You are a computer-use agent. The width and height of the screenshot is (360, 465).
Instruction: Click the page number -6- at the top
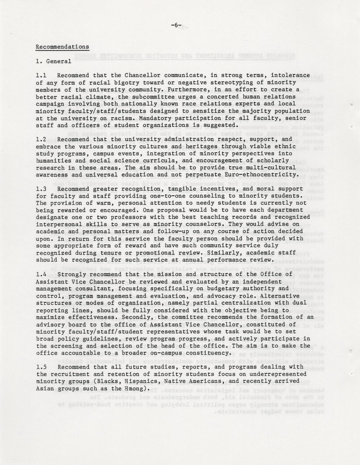coord(176,25)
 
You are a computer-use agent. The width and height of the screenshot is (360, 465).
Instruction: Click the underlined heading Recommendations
coord(62,47)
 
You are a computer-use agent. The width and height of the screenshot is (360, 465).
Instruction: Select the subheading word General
coord(59,61)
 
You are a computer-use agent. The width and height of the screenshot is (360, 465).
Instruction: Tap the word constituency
coord(206,353)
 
